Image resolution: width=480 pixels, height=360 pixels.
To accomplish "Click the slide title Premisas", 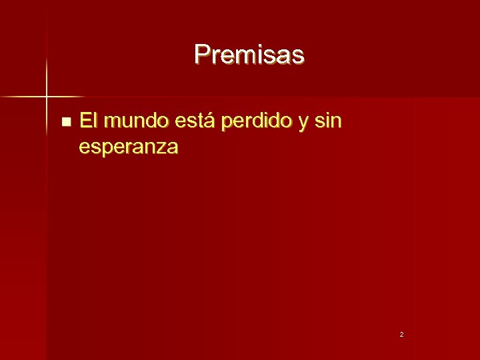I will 249,54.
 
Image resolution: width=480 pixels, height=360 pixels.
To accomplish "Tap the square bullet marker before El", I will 65,122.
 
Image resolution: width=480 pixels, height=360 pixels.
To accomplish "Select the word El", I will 88,121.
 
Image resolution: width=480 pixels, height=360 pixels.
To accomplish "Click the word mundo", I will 137,121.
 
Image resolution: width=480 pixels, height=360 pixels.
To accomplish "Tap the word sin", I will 328,121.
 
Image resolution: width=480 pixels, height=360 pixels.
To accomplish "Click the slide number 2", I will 401,334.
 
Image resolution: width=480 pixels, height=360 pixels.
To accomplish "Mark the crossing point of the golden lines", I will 47,97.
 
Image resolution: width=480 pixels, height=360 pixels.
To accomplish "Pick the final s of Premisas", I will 298,55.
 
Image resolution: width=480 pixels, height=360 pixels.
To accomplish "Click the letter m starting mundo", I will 113,123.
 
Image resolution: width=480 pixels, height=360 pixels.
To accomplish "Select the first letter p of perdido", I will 225,124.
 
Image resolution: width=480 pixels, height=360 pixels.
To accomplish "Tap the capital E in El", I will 85,121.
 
